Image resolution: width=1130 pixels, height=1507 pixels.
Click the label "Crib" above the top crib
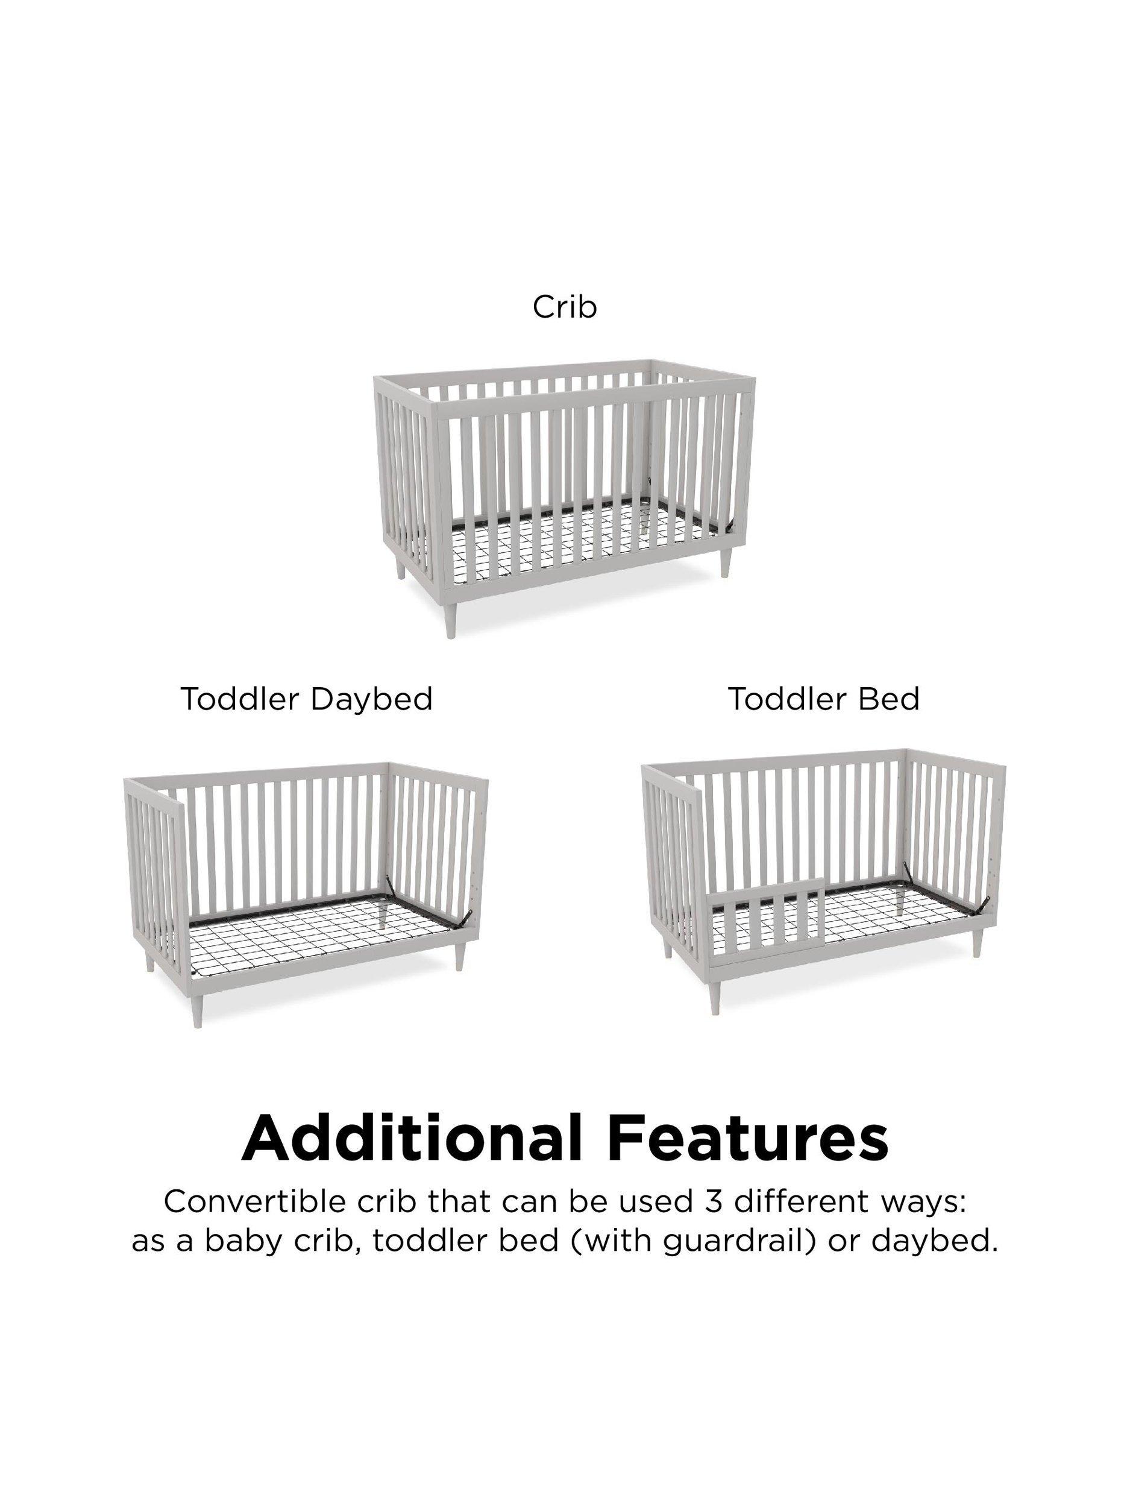(565, 307)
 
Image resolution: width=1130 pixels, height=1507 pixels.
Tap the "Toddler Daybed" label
(307, 699)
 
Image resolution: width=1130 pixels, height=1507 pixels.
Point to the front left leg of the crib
(451, 617)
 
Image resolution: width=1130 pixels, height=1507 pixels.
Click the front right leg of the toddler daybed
(460, 969)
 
